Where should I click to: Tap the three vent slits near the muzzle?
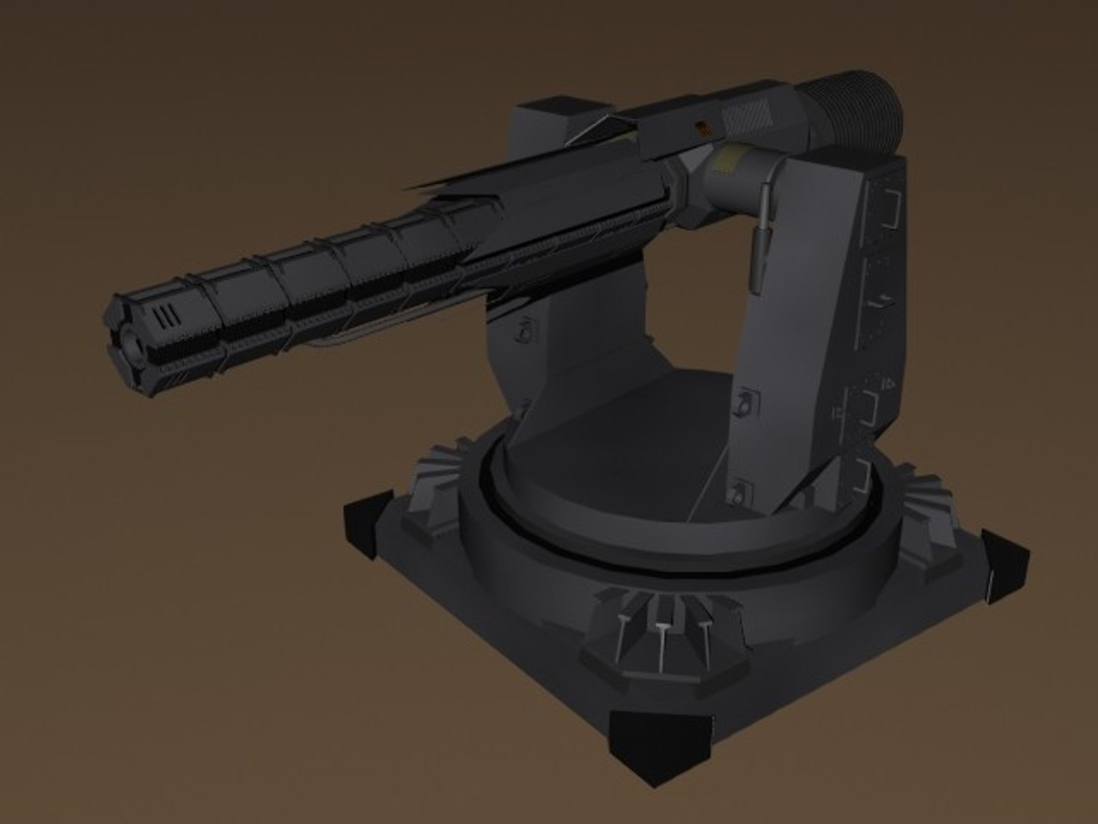point(162,317)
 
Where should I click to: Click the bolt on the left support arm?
point(525,332)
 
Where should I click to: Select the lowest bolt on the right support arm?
point(737,492)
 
